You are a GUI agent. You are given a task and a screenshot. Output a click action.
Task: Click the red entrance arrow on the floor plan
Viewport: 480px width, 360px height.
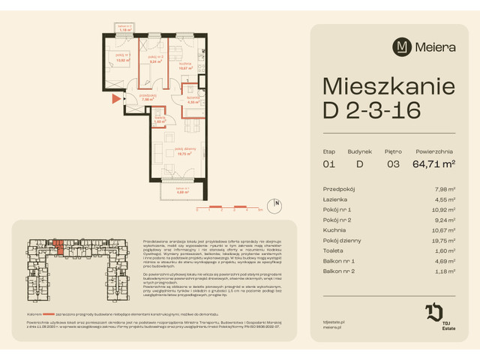(x=115, y=97)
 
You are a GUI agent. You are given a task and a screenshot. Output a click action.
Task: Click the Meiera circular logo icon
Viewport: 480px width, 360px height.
(x=403, y=46)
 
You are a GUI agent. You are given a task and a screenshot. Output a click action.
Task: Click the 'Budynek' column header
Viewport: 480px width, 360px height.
(x=359, y=151)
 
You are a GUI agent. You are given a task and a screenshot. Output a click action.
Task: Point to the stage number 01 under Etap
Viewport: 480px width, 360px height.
(x=328, y=163)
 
